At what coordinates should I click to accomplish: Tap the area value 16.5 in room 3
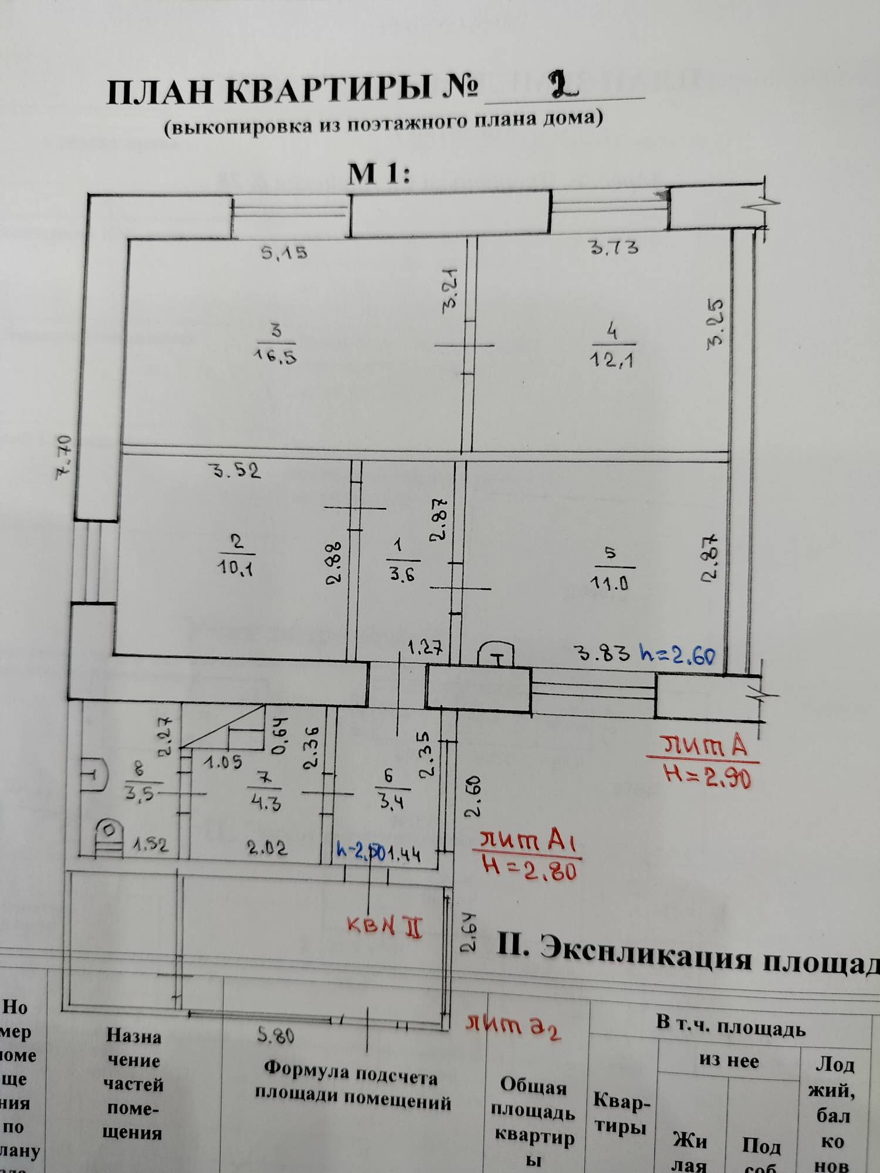275,356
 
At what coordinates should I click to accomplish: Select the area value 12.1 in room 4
611,358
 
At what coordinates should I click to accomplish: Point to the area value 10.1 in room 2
236,567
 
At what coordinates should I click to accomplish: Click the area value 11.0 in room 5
610,582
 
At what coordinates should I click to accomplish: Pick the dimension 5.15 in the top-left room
285,253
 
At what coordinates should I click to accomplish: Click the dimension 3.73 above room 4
614,248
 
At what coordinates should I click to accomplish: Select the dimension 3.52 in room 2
236,470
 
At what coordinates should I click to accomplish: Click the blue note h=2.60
678,654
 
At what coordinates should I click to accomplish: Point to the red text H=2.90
708,777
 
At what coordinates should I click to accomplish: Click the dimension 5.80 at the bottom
276,1036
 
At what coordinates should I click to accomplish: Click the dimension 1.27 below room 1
425,648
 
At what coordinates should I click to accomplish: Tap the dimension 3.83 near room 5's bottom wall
603,653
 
